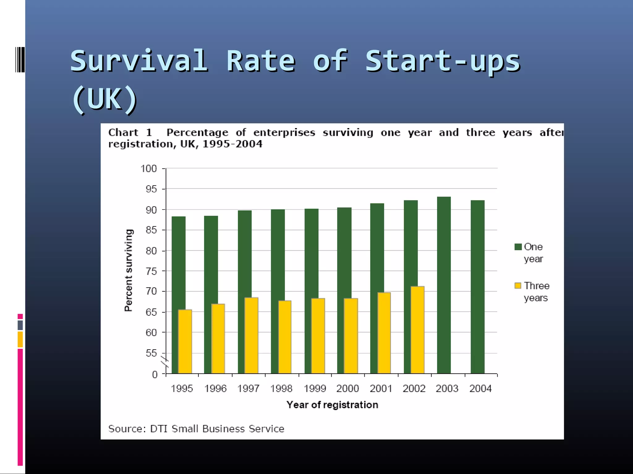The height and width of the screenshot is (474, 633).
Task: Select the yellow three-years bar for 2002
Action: pos(417,330)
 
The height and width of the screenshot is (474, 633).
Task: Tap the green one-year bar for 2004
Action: pos(478,287)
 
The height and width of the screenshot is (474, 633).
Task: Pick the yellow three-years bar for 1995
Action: pos(185,341)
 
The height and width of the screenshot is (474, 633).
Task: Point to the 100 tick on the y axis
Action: pos(149,169)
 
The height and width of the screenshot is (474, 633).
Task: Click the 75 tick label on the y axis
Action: pos(151,271)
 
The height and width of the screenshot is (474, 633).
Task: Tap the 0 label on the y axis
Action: pos(155,375)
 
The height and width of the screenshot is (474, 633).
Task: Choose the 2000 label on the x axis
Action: pos(348,389)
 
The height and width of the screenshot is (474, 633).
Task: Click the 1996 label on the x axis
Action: pos(215,389)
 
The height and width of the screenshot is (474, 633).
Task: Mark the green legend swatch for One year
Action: pos(518,247)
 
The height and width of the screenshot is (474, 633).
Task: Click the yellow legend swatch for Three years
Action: pos(518,286)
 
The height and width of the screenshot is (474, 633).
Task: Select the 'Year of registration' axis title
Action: pos(332,405)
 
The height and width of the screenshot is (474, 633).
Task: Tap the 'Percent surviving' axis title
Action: pos(128,270)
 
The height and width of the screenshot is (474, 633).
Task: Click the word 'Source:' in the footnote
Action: pos(127,429)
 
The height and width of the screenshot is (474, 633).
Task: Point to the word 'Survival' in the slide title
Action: pos(139,61)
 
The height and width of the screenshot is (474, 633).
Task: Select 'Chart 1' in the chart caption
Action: pos(130,133)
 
